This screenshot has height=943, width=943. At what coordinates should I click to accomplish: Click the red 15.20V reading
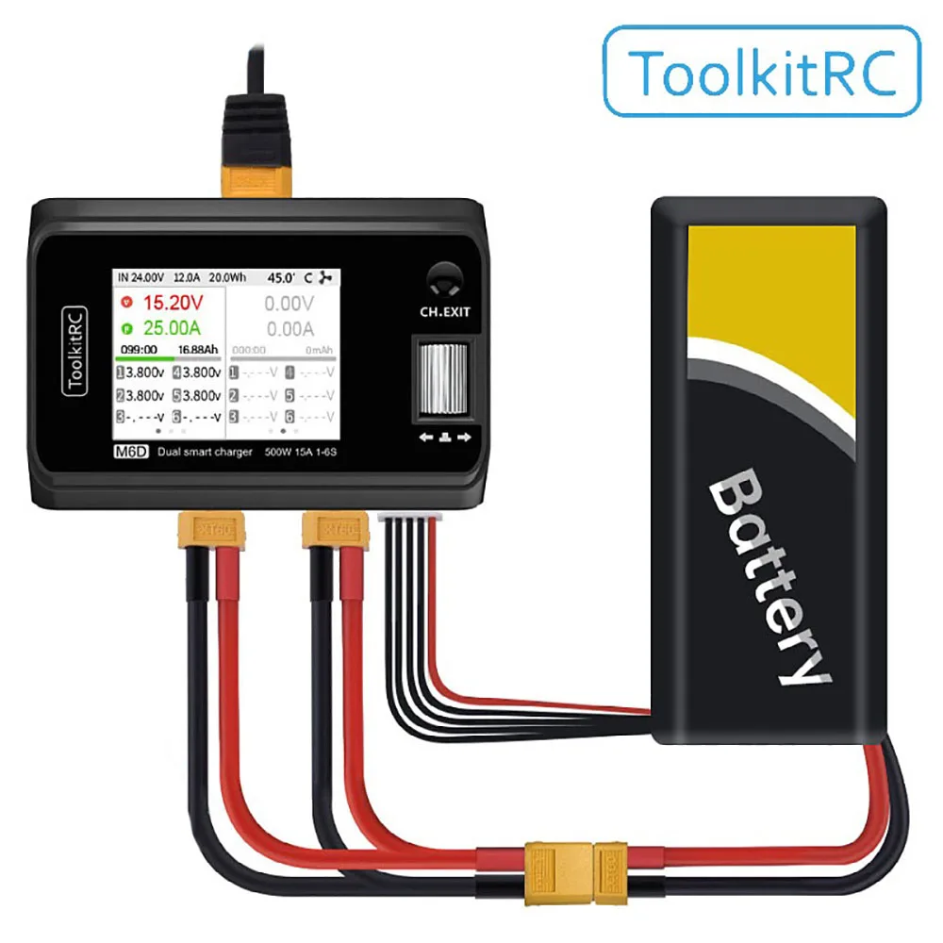pos(172,303)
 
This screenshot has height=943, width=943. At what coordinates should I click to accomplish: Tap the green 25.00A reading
pos(173,329)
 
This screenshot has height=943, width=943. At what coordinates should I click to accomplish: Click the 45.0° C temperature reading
pos(289,278)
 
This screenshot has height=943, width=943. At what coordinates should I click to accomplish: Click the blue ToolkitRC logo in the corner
pos(761,72)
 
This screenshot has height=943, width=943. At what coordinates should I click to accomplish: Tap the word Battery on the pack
pos(769,578)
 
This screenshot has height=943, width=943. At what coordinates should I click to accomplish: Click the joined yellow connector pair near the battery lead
pos(575,862)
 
